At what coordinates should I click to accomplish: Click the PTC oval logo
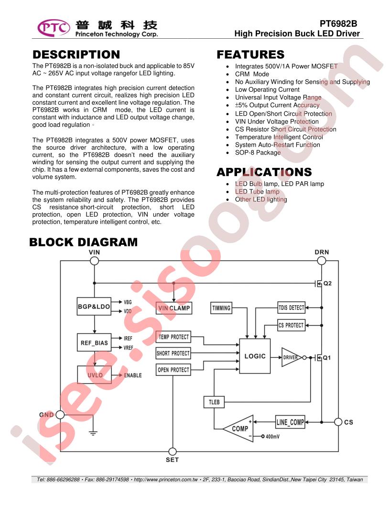54,28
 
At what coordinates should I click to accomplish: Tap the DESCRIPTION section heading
76,55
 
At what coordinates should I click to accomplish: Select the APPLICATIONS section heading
264,172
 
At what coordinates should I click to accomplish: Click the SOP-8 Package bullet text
258,153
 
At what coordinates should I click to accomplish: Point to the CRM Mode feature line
252,74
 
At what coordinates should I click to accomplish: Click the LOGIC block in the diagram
255,356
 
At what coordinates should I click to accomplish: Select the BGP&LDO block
94,306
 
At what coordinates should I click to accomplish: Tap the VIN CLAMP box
174,308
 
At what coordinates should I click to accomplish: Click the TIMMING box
221,308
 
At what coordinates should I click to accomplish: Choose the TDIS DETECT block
291,307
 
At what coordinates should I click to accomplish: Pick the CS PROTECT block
291,325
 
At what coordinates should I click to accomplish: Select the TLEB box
214,402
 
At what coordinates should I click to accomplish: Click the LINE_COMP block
290,422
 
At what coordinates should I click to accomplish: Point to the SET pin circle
173,451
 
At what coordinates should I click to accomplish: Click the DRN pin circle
322,261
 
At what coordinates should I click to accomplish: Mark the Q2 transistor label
327,284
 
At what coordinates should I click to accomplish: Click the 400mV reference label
272,437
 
